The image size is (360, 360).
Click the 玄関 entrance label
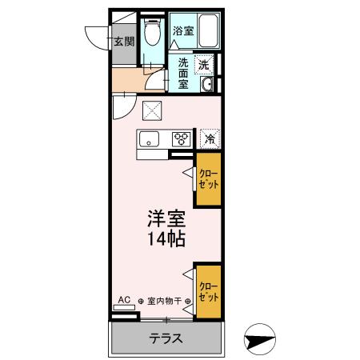(x=123, y=42)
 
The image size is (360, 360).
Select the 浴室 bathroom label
(x=183, y=31)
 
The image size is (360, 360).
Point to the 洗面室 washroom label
(x=183, y=74)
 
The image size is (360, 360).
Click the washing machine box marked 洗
(x=205, y=65)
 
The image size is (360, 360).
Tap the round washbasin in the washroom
(x=207, y=86)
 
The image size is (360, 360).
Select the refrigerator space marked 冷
(x=210, y=138)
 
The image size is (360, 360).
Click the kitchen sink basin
(x=150, y=139)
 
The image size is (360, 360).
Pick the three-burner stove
(x=182, y=139)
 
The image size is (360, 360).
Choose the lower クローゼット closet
(x=208, y=291)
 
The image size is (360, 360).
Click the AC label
(x=123, y=301)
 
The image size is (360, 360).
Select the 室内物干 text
(x=163, y=302)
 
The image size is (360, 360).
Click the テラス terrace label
(x=166, y=338)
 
